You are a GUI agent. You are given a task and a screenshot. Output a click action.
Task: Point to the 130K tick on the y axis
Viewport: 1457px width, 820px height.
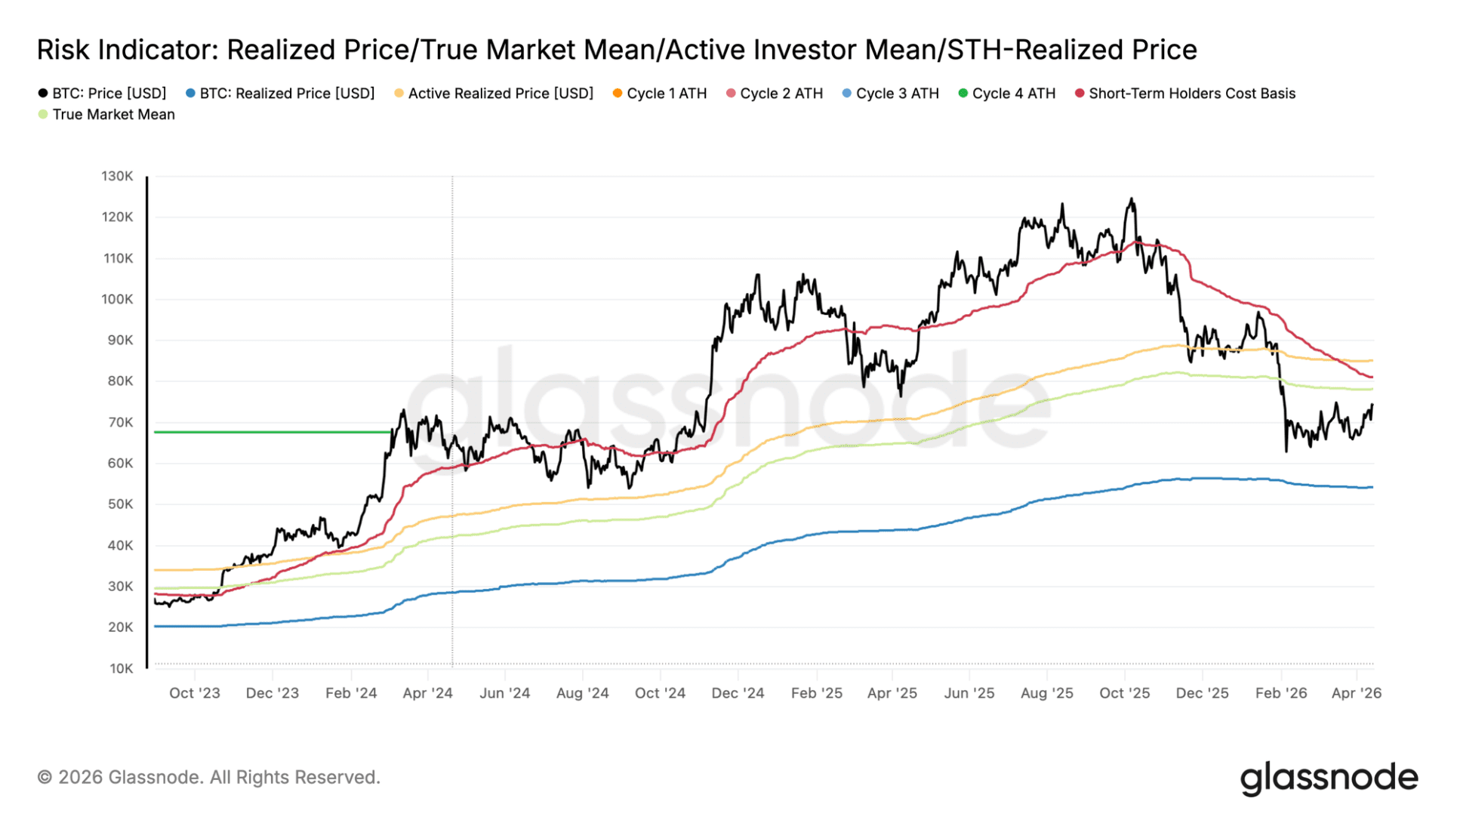[x=117, y=177]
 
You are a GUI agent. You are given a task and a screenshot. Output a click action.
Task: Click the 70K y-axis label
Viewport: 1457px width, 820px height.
[x=120, y=423]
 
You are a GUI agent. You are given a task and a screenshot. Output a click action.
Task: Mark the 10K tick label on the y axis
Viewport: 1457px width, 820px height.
[x=121, y=669]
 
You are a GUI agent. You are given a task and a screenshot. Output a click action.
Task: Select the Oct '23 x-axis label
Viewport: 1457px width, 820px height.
[x=195, y=694]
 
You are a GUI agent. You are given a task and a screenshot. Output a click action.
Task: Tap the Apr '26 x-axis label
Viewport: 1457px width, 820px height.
[x=1356, y=694]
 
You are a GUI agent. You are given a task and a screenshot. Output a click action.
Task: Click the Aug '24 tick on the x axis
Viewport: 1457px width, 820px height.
[x=582, y=694]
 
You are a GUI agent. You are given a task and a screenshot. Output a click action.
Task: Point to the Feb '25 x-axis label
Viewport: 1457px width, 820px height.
[x=816, y=694]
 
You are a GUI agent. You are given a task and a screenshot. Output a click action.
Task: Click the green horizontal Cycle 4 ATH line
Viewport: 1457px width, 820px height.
[x=272, y=433]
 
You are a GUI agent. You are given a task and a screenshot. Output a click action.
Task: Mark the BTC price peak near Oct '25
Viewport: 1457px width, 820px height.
[x=1131, y=200]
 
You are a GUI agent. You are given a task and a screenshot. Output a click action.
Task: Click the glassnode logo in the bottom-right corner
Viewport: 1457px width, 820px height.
[x=1329, y=778]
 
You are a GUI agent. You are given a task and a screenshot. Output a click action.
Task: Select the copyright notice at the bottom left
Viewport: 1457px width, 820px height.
[x=208, y=778]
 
